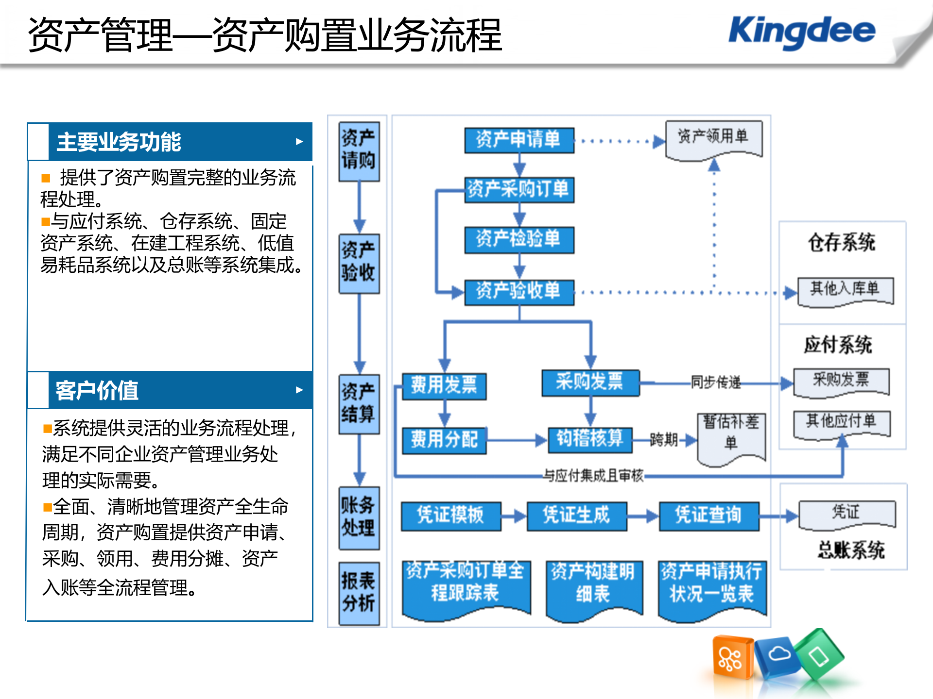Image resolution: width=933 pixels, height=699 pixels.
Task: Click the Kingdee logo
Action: click(x=802, y=32)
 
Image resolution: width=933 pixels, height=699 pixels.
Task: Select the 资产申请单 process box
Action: click(x=519, y=140)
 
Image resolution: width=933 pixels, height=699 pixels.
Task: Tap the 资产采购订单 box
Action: click(x=519, y=189)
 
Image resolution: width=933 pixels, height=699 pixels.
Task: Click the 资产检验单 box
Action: click(x=519, y=240)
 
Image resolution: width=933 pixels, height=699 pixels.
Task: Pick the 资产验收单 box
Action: click(x=519, y=292)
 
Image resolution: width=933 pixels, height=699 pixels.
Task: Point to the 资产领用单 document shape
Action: click(x=713, y=138)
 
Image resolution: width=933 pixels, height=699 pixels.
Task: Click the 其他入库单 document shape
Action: click(x=845, y=290)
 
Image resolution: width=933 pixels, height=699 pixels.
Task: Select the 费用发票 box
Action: click(x=444, y=386)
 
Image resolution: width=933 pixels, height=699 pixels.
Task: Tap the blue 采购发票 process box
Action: click(x=590, y=383)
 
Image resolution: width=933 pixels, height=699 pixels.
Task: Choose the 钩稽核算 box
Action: click(x=590, y=439)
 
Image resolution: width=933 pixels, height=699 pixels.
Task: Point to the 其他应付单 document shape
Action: click(x=842, y=422)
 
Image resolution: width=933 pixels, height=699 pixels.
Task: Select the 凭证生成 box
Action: click(x=576, y=516)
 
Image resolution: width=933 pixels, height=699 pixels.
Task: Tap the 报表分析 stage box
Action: click(x=359, y=593)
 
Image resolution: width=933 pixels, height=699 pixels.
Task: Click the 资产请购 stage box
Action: click(x=359, y=150)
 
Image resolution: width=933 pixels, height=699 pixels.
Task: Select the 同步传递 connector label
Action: click(x=715, y=383)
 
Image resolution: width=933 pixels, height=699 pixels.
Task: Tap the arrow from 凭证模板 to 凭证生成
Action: click(x=514, y=516)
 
